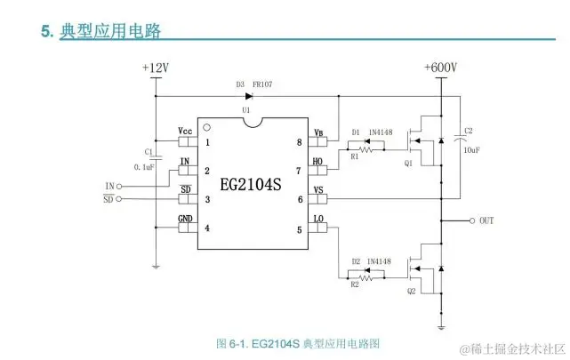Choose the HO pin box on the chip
tap(318, 171)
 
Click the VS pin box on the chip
tap(318, 199)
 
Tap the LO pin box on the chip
tap(318, 228)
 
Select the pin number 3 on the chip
tap(207, 199)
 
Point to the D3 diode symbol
tap(235, 95)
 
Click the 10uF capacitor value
tap(471, 150)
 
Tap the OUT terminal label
tap(486, 220)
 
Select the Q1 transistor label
tap(408, 164)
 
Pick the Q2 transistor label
tap(410, 291)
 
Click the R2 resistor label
tap(355, 284)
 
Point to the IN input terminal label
tap(109, 185)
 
